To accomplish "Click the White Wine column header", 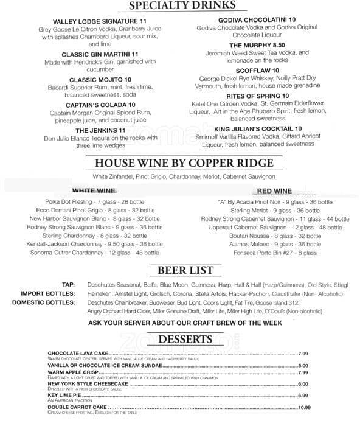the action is pyautogui.click(x=95, y=190).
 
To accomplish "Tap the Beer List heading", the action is pyautogui.click(x=177, y=269).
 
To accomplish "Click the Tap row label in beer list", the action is pyautogui.click(x=67, y=284).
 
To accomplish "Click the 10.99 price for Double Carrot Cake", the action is pyautogui.click(x=305, y=407).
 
